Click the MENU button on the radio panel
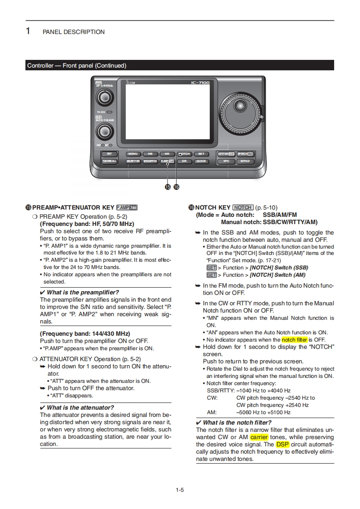tap(133, 154)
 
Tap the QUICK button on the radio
tap(201, 161)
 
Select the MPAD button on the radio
tap(245, 161)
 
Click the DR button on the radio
tap(184, 161)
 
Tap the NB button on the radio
tap(150, 154)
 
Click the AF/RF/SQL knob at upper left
tap(105, 98)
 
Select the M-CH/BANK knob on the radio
tap(105, 132)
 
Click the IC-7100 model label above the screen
tap(200, 83)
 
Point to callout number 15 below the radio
tap(168, 186)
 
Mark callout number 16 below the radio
tap(176, 186)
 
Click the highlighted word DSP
tap(282, 445)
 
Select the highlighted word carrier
tap(259, 437)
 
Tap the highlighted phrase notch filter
tap(294, 339)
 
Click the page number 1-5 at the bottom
tap(180, 489)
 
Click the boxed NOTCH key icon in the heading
tap(243, 207)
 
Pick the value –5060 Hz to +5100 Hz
tap(263, 412)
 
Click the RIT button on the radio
tap(109, 154)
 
